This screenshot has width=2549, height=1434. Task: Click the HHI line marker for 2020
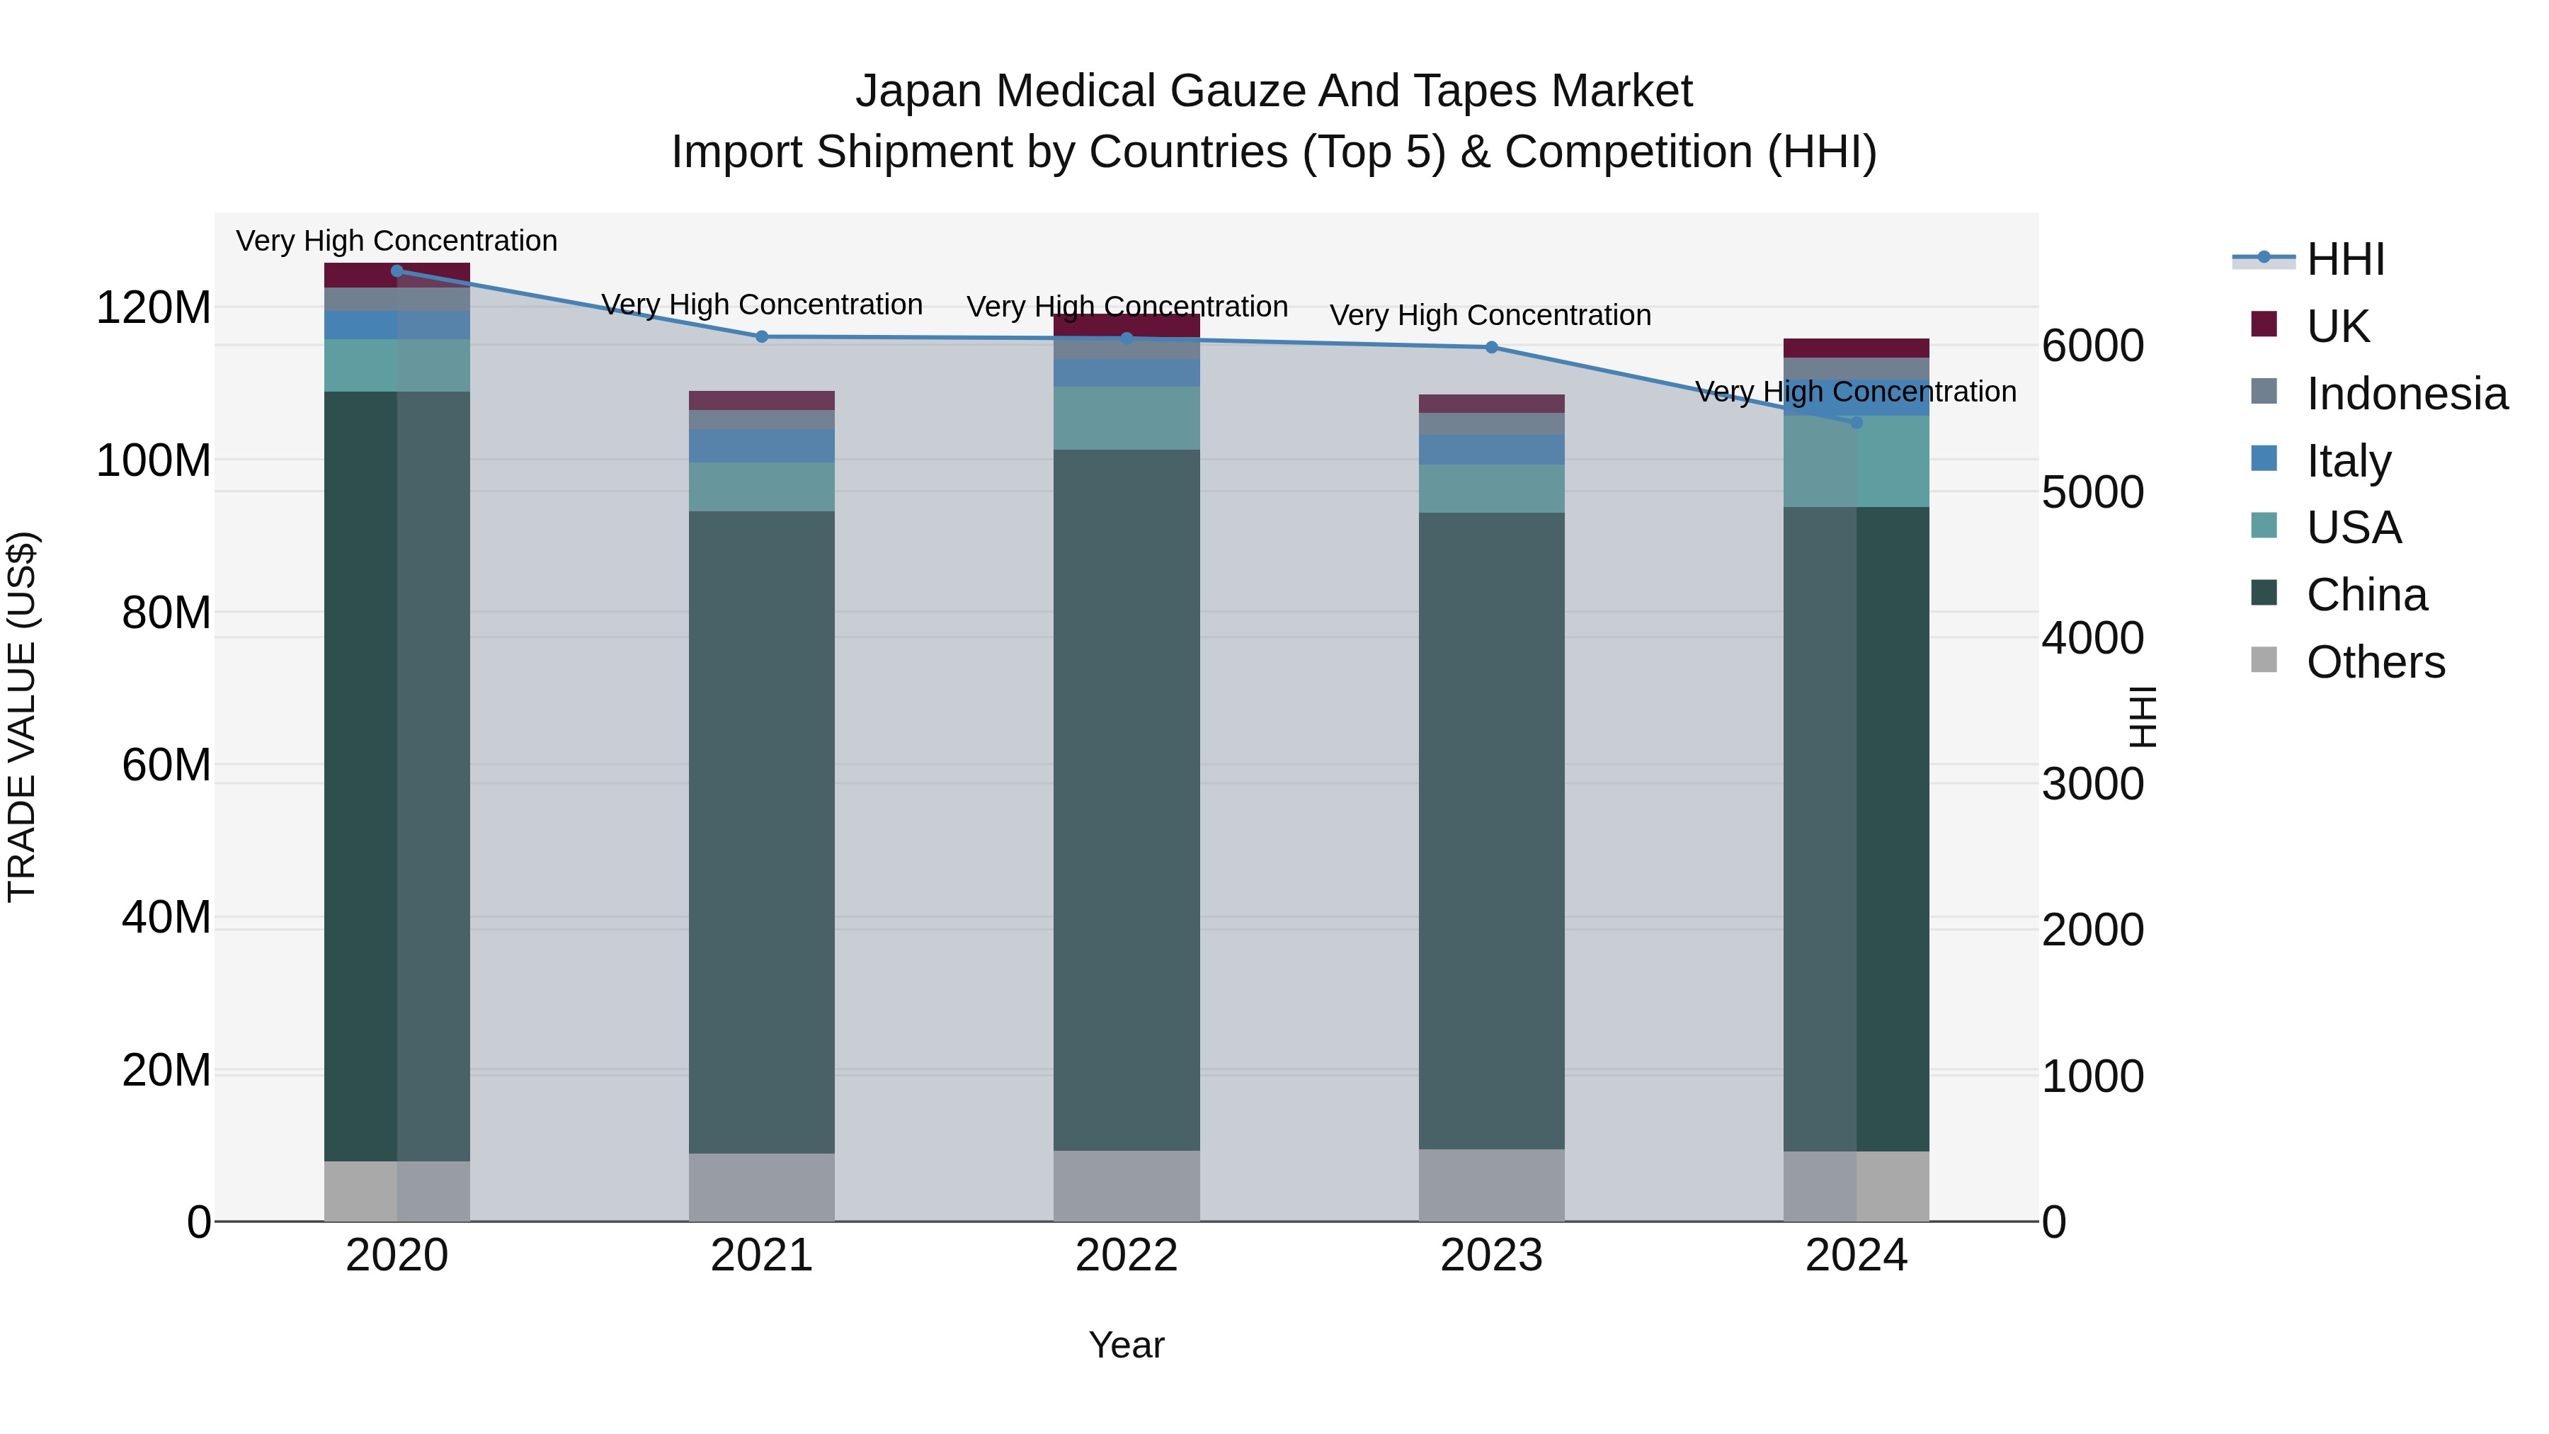397,271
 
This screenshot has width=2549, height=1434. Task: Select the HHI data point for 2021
761,336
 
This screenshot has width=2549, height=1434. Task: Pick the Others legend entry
2375,662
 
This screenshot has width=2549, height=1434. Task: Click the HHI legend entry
2345,259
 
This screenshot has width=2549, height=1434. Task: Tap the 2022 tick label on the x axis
1126,1256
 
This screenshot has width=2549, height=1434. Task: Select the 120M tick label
154,308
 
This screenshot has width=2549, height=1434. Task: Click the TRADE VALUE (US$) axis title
22,717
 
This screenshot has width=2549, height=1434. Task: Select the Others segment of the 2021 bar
761,1187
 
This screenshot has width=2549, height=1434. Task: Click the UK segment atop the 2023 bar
1491,403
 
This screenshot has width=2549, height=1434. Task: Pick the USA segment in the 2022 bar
1126,418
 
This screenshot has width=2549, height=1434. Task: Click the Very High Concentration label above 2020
397,241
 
